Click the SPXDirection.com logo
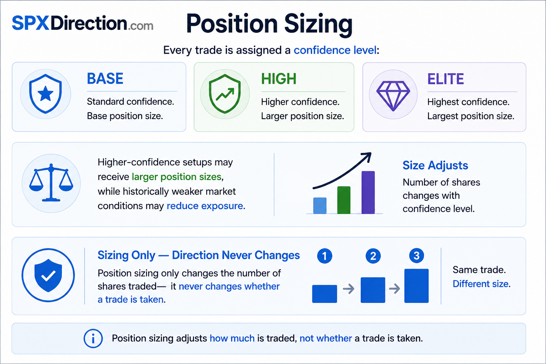coord(82,23)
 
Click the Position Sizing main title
coord(269,25)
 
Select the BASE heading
coord(105,79)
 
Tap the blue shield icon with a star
coord(45,94)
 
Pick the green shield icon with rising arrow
coord(225,94)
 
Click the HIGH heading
coord(279,79)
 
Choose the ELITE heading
coord(445,79)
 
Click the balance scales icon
coord(51,183)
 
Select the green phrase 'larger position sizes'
coord(176,177)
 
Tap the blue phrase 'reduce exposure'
coord(205,206)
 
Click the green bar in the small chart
coord(344,200)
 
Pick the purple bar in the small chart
coord(368,193)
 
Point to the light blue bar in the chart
coord(320,206)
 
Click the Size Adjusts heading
coord(435,165)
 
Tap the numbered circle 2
coord(373,256)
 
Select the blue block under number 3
coord(416,286)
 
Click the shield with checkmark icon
coord(48,275)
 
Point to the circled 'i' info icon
coord(93,338)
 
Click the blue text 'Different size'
coord(481,284)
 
